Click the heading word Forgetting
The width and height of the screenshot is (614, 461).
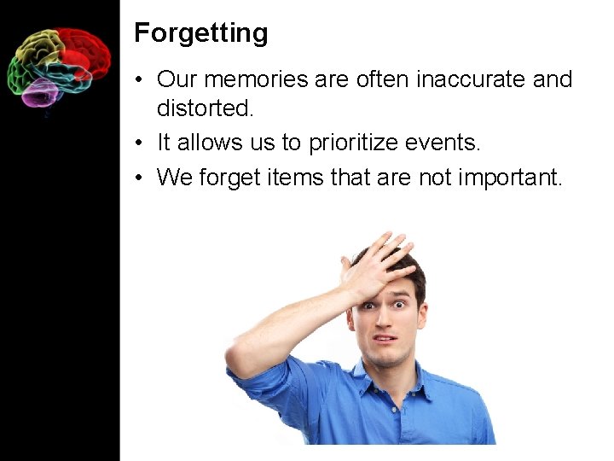point(201,33)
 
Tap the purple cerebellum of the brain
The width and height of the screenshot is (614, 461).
point(38,92)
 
